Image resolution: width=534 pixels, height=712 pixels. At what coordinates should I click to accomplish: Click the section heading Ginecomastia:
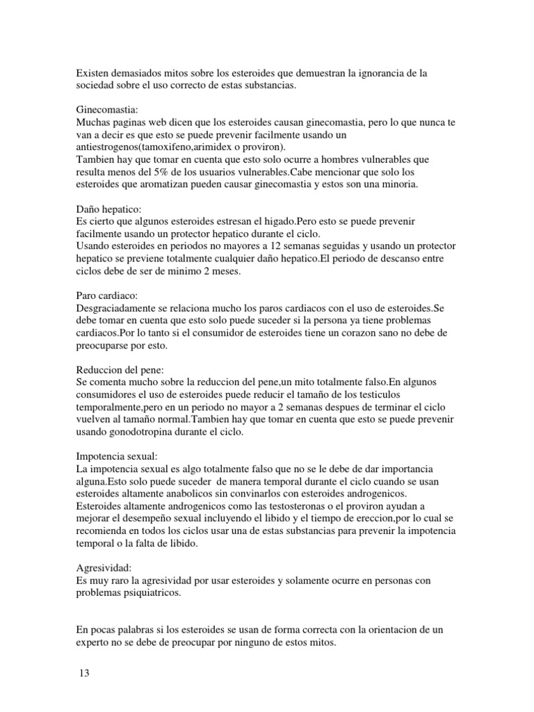106,110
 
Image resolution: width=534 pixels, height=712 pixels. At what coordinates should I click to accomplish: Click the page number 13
83,674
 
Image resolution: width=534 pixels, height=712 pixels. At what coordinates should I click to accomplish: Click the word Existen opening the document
92,72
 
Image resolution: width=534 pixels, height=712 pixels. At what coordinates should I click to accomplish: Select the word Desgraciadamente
115,308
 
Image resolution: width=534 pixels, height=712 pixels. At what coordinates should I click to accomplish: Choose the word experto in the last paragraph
93,643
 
